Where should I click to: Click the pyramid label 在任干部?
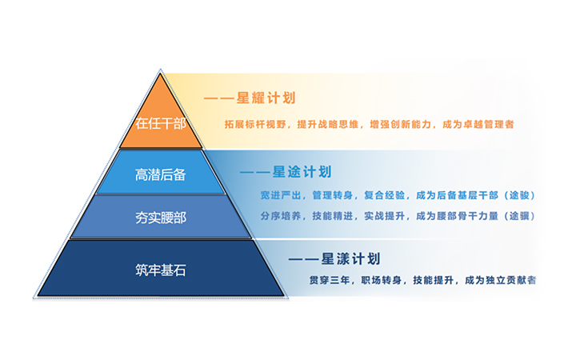[x=161, y=123]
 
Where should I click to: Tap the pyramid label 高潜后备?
[x=161, y=174]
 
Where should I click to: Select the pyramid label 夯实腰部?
[x=161, y=218]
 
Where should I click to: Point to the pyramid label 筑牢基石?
[x=161, y=270]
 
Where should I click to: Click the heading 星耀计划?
[x=266, y=98]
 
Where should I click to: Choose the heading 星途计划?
[x=302, y=171]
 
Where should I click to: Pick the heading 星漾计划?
[x=350, y=259]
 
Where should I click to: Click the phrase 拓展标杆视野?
[x=255, y=125]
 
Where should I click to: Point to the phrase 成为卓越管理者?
[x=478, y=125]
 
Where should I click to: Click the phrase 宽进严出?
[x=281, y=195]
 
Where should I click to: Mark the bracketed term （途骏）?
[x=519, y=195]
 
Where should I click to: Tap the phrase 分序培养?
[x=281, y=216]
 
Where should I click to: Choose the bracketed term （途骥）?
[x=519, y=216]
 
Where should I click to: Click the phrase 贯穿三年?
[x=330, y=280]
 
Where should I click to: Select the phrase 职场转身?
[x=382, y=280]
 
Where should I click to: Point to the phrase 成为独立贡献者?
[x=500, y=280]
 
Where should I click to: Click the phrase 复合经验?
[x=385, y=195]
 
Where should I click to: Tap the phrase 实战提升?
[x=385, y=216]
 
